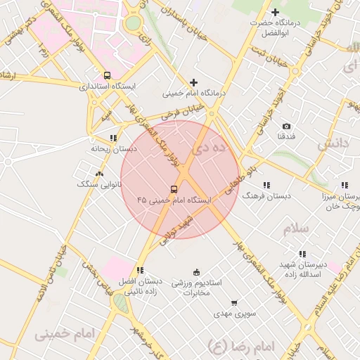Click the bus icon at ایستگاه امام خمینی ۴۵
tap(174, 189)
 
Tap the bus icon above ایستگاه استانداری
tap(107, 75)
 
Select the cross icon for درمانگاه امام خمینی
tap(193, 82)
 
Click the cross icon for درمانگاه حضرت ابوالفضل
tap(275, 12)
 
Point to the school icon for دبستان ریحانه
tap(112, 138)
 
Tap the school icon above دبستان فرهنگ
tap(266, 185)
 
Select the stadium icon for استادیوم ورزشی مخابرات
tap(196, 272)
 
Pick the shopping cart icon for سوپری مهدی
tap(234, 303)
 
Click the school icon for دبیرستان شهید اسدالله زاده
tap(302, 254)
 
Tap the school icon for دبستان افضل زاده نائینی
tap(141, 270)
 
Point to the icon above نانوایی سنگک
tap(99, 173)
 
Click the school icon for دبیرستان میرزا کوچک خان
tap(344, 185)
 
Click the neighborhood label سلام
tap(297, 229)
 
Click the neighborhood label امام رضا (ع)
tap(240, 347)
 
